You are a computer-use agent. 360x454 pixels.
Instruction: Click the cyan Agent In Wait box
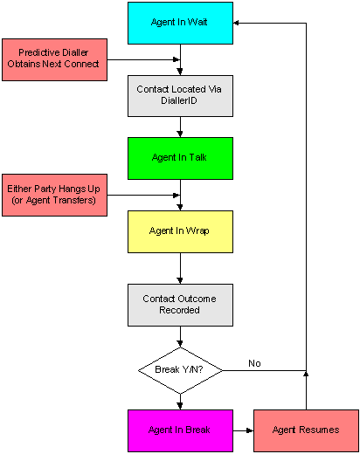click(180, 23)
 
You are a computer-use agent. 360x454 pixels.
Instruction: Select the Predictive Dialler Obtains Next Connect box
click(54, 59)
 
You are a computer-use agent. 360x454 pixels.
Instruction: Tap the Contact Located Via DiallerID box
click(180, 96)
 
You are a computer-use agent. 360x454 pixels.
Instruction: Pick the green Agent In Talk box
click(180, 158)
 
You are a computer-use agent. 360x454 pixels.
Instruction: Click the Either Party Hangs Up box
click(54, 195)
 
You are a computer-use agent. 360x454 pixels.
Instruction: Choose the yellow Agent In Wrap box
click(180, 231)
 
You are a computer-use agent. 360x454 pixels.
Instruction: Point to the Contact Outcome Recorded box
click(180, 305)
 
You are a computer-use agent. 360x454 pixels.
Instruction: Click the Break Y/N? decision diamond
click(180, 370)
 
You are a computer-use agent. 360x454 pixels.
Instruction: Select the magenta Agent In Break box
click(180, 430)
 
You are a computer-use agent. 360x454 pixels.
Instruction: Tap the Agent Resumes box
click(306, 430)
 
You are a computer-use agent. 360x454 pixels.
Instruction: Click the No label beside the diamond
click(254, 363)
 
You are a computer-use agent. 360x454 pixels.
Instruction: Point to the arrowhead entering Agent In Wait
click(236, 23)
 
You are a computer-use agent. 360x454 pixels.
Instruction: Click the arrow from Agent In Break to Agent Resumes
click(243, 430)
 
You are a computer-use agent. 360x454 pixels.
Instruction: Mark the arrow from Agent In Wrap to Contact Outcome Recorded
click(180, 268)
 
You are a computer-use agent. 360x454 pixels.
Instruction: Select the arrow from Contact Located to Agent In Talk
click(180, 127)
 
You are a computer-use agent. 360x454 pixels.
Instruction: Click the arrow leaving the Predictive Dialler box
click(143, 59)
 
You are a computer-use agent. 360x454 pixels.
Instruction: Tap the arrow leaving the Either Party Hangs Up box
click(143, 195)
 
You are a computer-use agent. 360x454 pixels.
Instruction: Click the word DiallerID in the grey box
click(179, 100)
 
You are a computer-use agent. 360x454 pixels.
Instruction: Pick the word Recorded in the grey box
click(179, 310)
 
